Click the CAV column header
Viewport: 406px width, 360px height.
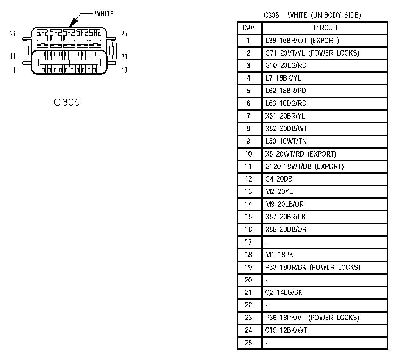[249, 28]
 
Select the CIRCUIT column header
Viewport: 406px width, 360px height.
[326, 28]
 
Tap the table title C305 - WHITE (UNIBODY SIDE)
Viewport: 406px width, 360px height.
[312, 15]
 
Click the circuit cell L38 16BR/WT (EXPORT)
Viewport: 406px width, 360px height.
[302, 40]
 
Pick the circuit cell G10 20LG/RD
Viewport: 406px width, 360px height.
[286, 66]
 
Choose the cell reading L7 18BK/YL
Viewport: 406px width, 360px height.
[283, 78]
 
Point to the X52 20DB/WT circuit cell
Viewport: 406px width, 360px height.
[286, 128]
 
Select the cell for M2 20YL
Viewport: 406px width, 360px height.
[279, 191]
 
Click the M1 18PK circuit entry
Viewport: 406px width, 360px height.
[279, 255]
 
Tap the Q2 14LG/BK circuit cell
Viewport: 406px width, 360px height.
[284, 292]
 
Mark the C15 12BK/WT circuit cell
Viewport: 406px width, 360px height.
[286, 330]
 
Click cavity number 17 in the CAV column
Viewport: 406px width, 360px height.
[248, 242]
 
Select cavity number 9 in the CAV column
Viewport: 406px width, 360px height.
[248, 141]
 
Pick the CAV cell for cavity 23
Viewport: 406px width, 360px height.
[248, 318]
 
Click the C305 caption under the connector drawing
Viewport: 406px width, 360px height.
[67, 102]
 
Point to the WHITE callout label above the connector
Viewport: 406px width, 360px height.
[104, 14]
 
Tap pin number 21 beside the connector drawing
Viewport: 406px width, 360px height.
[13, 34]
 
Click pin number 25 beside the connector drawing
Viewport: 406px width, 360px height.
[124, 34]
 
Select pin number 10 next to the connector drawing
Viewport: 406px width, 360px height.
[124, 70]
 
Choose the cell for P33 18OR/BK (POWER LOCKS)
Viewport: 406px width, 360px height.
[313, 267]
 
